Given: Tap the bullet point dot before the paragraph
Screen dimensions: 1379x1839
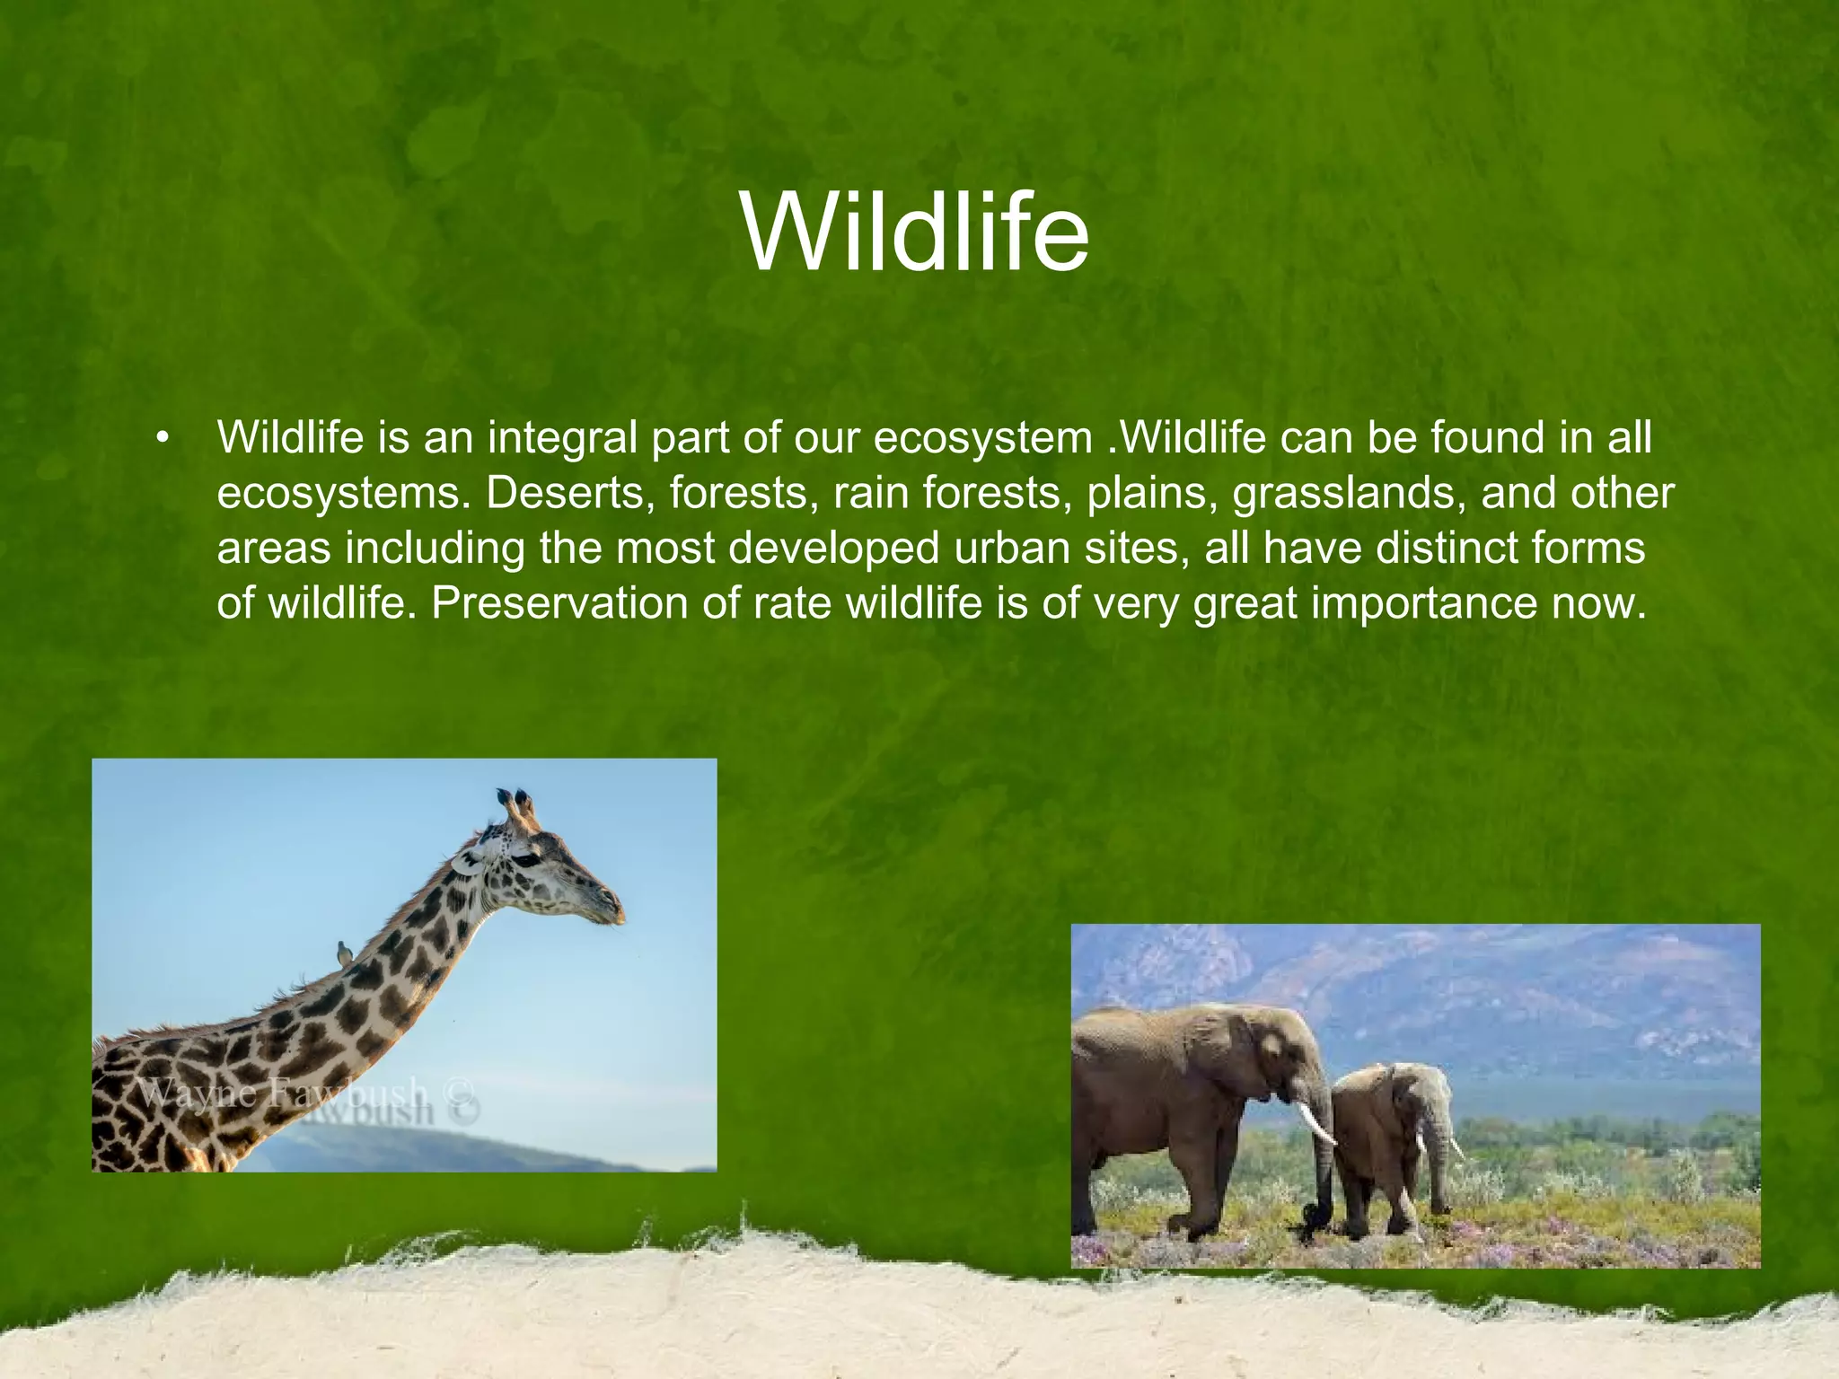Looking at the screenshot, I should pyautogui.click(x=163, y=439).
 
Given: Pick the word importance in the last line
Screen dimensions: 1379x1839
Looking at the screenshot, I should pyautogui.click(x=1424, y=602).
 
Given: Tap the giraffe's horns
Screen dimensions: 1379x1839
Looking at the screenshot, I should pyautogui.click(x=516, y=804).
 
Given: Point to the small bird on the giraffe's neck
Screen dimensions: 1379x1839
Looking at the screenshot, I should pyautogui.click(x=344, y=953).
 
